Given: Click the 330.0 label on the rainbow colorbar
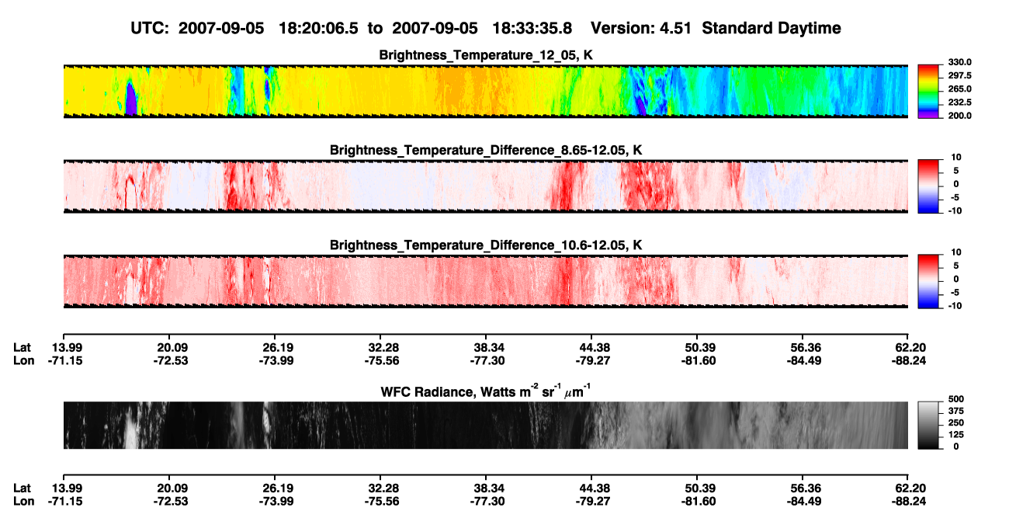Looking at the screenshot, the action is pos(959,62).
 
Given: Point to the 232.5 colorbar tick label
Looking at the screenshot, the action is pos(959,103).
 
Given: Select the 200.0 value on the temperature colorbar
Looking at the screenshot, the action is pos(959,116).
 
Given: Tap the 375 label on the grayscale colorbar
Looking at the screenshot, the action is pos(955,411).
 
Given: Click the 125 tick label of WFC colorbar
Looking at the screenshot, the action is pos(955,435).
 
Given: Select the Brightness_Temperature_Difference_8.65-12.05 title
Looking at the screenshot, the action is pos(486,151).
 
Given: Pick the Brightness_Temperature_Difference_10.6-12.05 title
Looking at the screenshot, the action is pos(486,245).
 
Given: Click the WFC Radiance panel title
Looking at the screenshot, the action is pos(486,391).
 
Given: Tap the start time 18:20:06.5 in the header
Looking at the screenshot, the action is pos(318,29).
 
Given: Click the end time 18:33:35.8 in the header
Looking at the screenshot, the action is pos(532,29).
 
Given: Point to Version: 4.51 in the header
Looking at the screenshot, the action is pos(640,29).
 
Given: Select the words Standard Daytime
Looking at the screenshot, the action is pos(771,29).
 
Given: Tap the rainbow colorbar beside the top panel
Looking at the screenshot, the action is pos(928,92).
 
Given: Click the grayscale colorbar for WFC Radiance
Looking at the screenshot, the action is pos(928,425).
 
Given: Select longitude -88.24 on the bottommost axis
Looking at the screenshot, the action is pos(908,502).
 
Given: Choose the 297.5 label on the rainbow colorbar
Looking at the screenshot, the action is pos(959,76).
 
